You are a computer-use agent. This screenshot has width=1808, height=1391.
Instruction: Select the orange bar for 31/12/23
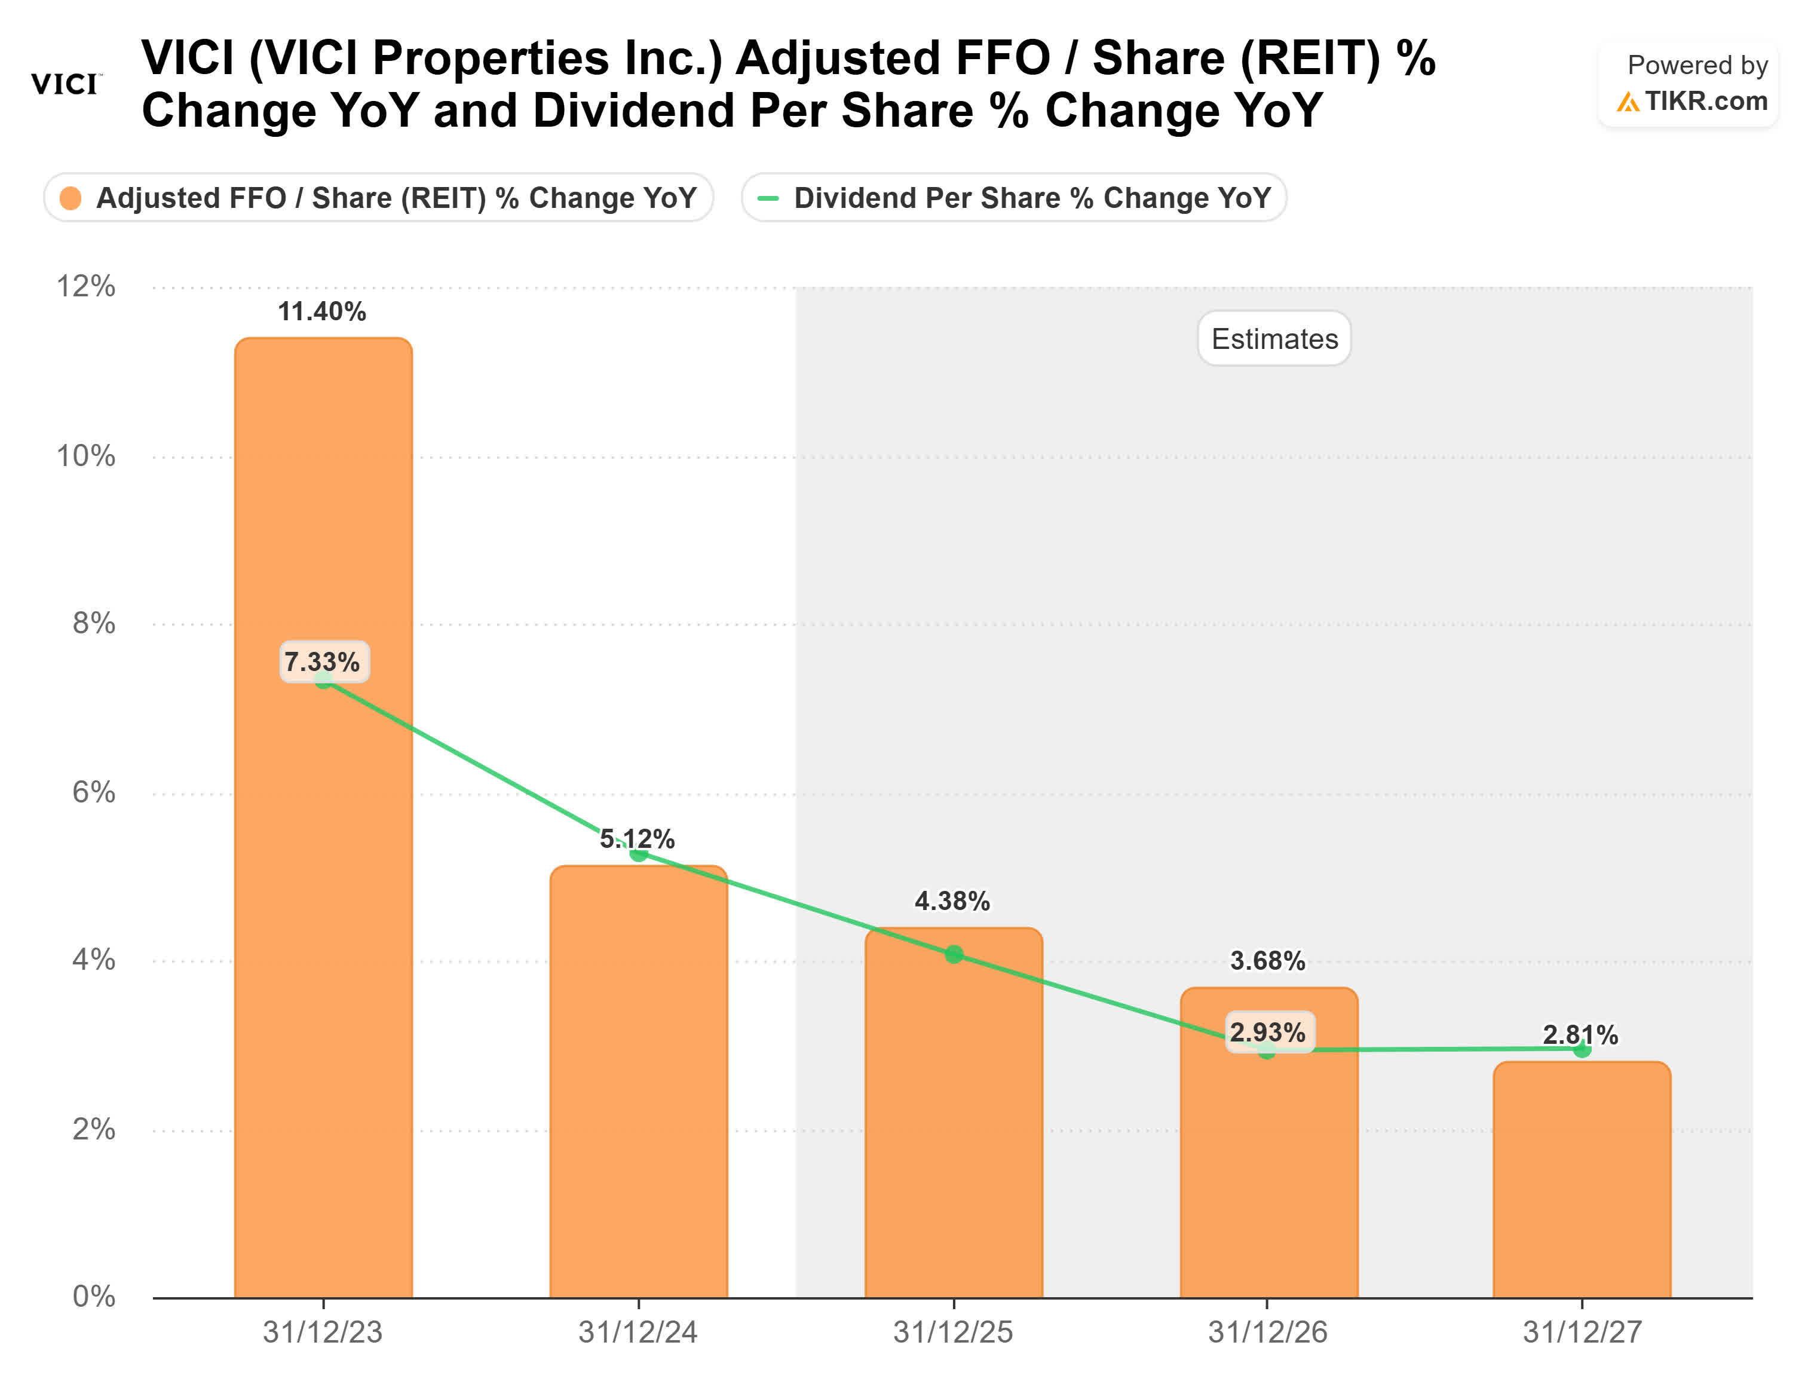coord(323,911)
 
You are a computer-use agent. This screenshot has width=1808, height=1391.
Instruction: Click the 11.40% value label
coord(322,312)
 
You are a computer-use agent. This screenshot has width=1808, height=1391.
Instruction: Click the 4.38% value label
coord(952,901)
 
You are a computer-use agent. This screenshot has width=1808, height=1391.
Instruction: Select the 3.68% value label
coord(1267,960)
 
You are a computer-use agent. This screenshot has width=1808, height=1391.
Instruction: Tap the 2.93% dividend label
coord(1267,1032)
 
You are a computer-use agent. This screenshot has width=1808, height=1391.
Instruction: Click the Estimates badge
coord(1274,339)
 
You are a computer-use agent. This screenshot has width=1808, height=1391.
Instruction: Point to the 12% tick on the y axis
coord(85,286)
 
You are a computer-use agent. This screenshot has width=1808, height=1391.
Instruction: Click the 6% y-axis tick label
coord(93,792)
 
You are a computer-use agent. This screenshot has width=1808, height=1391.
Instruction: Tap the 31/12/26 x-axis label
coord(1267,1332)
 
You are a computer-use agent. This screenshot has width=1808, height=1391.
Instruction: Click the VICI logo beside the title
coord(65,84)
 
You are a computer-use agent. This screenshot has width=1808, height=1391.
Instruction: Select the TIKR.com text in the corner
coord(1705,101)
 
